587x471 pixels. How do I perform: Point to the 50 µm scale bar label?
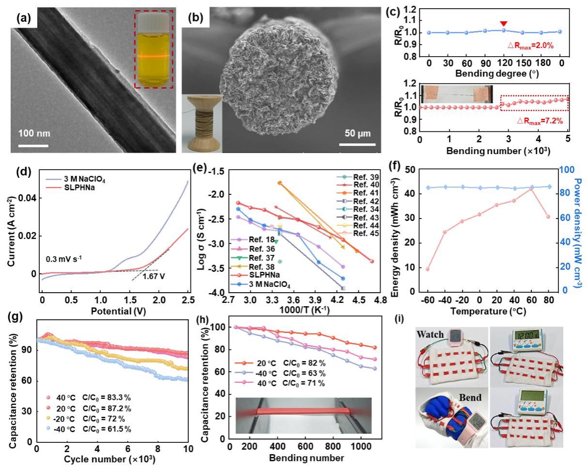357,133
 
